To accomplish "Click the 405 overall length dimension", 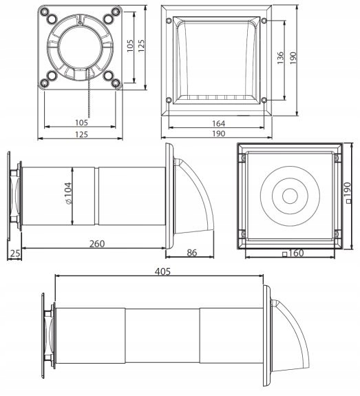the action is (162, 271).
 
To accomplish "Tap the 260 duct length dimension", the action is (97, 244).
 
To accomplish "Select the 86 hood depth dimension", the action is (192, 253).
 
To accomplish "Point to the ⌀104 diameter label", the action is (68, 193).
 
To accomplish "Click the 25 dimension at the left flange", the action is (15, 253).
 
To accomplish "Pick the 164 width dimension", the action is (218, 123).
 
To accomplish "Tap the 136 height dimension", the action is (280, 58).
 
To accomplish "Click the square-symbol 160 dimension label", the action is (293, 253).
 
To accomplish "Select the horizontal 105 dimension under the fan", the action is (81, 123).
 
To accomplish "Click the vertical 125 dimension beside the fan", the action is (141, 45).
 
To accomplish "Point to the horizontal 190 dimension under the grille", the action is (218, 134).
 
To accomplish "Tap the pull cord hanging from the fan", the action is (89, 93).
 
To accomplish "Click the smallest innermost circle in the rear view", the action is (290, 196).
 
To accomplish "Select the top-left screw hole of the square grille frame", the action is (169, 21).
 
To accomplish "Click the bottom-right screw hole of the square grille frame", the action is (264, 101).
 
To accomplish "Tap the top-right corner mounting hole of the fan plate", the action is (116, 12).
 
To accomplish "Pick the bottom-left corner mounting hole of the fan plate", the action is (45, 83).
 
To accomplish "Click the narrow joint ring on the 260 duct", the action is (96, 196).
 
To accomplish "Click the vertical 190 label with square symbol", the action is (348, 193).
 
